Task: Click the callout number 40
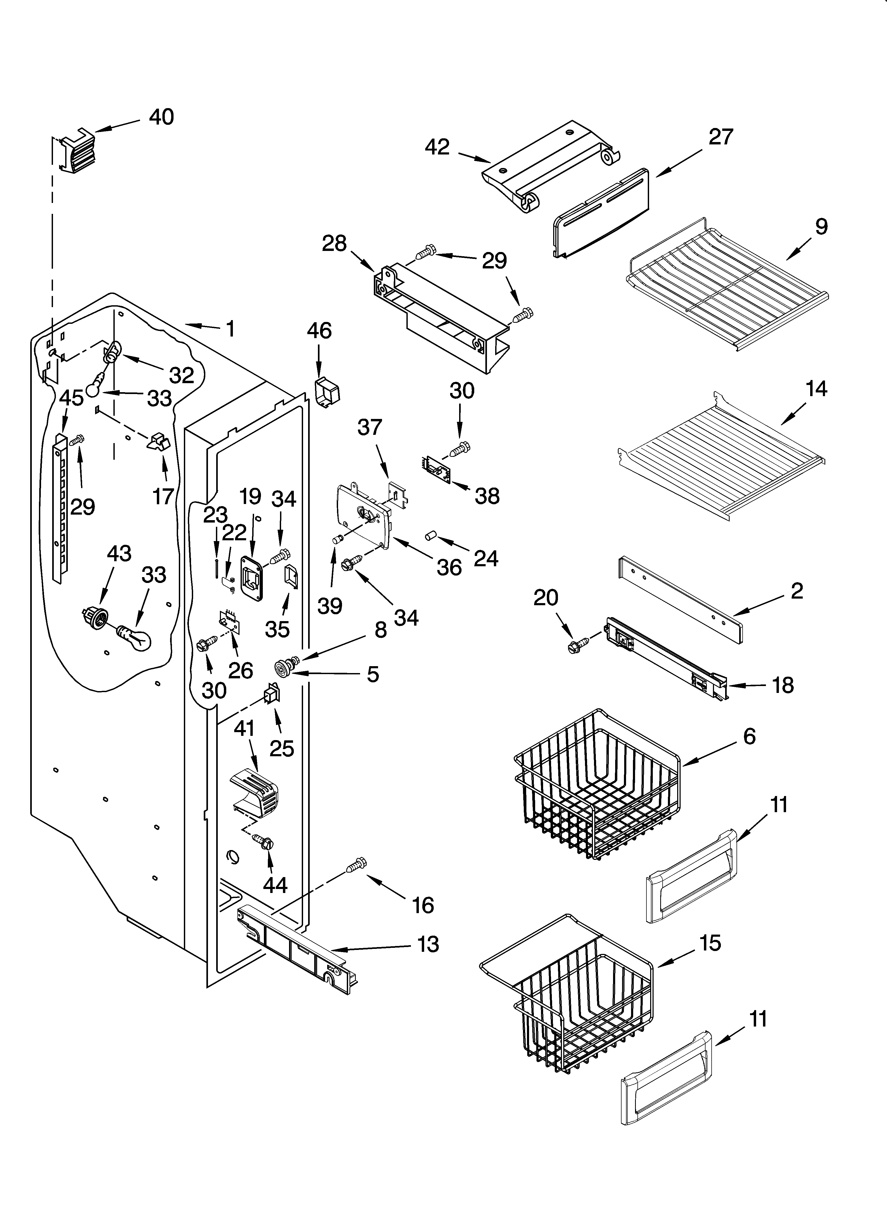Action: (x=161, y=117)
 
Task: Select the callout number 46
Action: (x=319, y=330)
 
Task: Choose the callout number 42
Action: (x=437, y=147)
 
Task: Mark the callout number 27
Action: (x=721, y=137)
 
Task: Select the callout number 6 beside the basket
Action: (x=749, y=736)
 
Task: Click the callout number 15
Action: (x=710, y=943)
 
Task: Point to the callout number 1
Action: (x=231, y=328)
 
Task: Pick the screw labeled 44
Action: (x=263, y=841)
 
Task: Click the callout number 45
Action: (x=71, y=398)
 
